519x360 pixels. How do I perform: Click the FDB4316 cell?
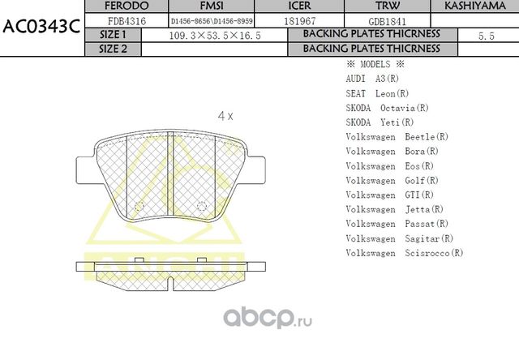(x=127, y=21)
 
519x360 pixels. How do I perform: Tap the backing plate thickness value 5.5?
(x=487, y=36)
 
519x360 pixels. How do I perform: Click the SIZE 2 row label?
(x=113, y=49)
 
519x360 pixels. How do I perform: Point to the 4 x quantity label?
(x=225, y=116)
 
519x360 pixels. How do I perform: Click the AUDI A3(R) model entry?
(x=371, y=79)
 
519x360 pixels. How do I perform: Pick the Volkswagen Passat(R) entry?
(x=397, y=223)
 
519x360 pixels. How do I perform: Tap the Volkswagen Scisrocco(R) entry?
(x=404, y=252)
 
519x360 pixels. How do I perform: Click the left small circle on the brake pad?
(x=137, y=204)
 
